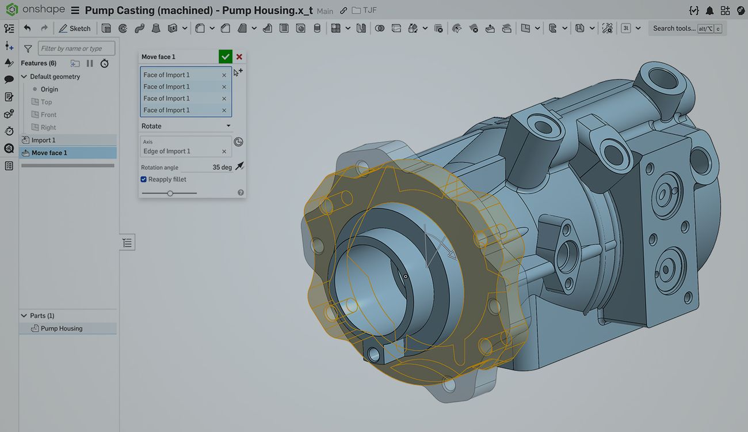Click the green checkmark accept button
click(226, 56)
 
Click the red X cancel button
click(239, 57)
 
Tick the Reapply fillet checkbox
click(144, 179)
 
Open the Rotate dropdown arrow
click(228, 126)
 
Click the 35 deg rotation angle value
click(222, 167)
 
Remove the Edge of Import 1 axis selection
click(224, 151)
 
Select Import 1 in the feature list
click(43, 140)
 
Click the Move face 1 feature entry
click(49, 153)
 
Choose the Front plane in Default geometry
click(48, 115)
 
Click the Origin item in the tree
click(49, 89)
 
